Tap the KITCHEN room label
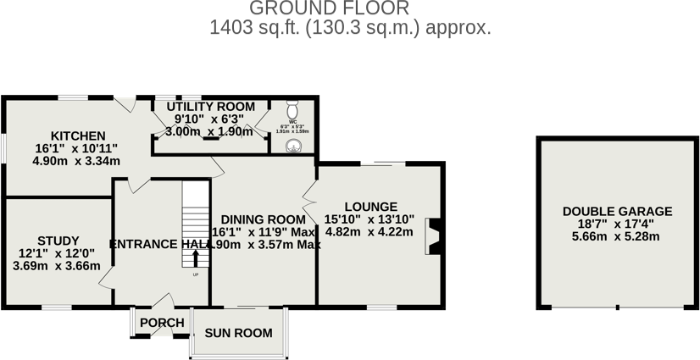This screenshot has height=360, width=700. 77,136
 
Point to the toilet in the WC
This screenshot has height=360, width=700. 292,112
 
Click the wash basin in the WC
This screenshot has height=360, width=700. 293,146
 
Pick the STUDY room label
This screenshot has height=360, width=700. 58,240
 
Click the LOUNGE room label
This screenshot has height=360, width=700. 371,206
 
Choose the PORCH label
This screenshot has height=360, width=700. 162,323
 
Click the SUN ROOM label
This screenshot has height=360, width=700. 238,333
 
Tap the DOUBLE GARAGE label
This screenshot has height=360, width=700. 617,212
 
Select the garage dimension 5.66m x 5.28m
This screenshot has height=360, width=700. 617,236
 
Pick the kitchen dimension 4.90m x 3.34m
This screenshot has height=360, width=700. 77,161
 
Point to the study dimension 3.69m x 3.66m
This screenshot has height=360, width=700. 56,265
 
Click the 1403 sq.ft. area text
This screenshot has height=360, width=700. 350,28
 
